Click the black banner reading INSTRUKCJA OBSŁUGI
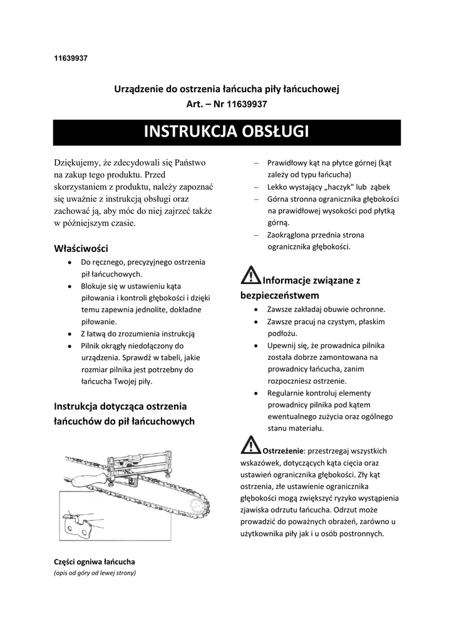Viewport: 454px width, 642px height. click(x=226, y=132)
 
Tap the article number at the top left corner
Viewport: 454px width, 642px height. click(x=70, y=59)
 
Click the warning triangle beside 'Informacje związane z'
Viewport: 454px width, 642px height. click(x=250, y=275)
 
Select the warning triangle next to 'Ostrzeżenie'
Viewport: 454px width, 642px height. click(x=250, y=445)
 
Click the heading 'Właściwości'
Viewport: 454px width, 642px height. click(x=81, y=248)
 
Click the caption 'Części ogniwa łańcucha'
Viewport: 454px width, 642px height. click(x=95, y=561)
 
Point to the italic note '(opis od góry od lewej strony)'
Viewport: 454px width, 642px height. click(x=95, y=572)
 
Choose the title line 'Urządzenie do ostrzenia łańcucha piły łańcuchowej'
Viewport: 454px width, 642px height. click(x=226, y=89)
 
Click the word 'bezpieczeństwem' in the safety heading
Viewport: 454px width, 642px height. click(x=280, y=295)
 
